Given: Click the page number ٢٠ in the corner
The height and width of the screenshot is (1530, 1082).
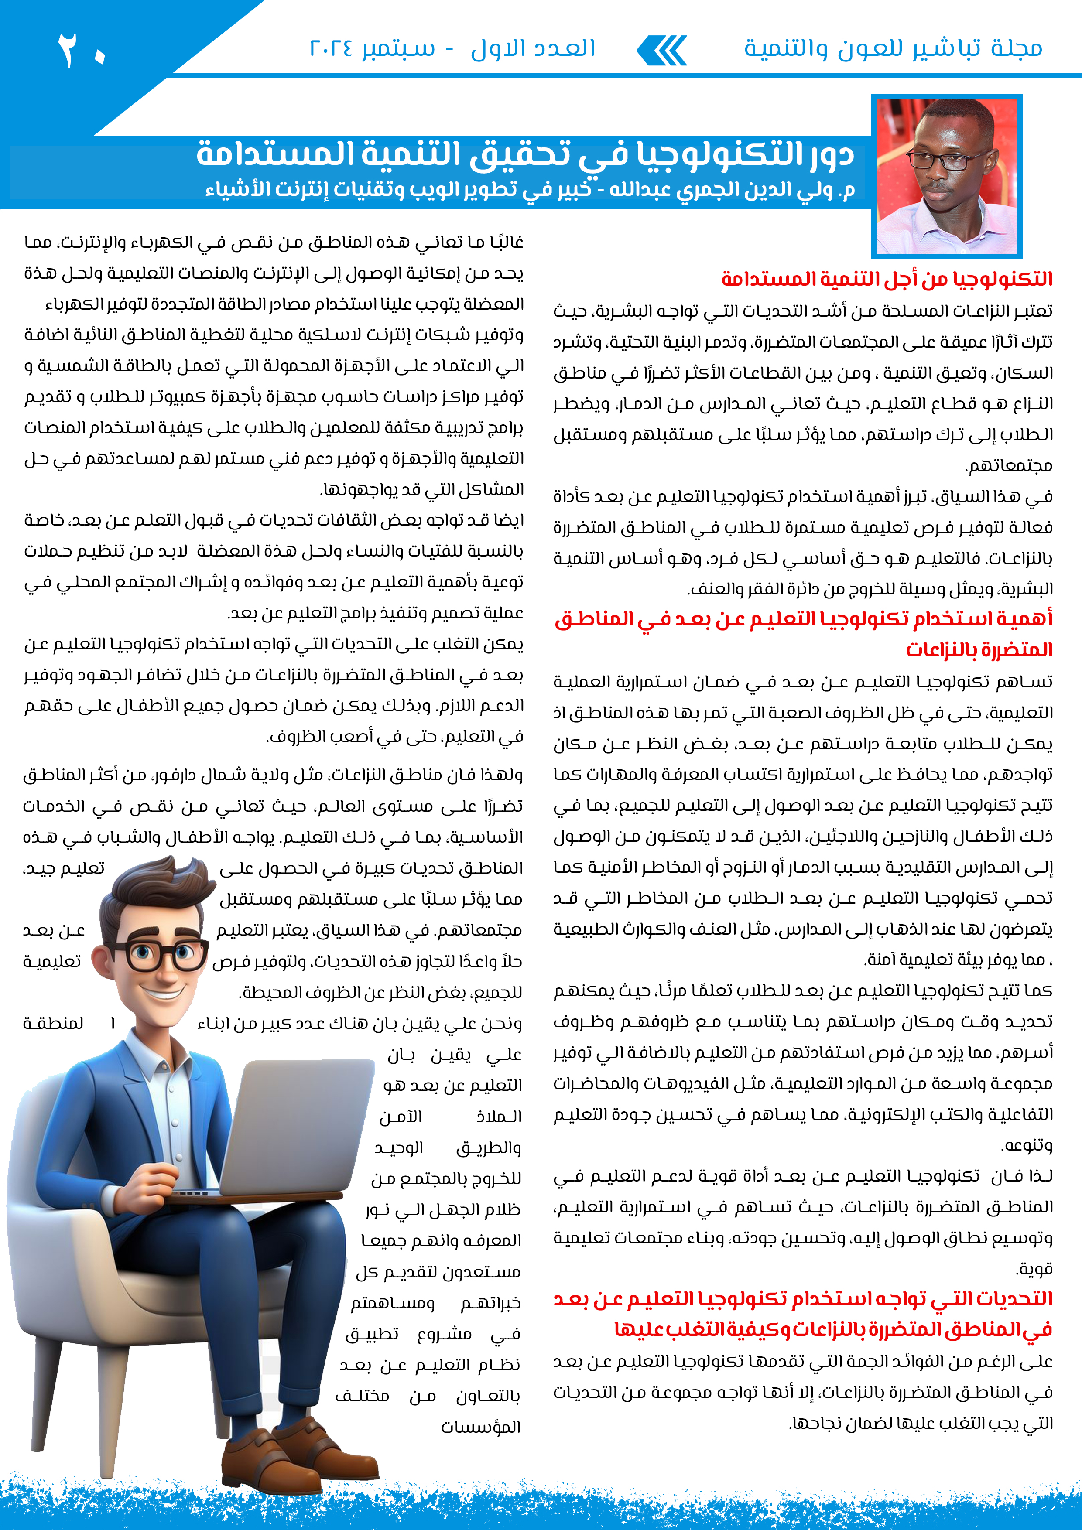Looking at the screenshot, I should (x=81, y=50).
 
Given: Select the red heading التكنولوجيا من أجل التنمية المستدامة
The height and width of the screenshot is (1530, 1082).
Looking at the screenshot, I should (x=887, y=279).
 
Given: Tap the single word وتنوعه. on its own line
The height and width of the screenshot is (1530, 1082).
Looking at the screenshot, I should (x=1027, y=1145).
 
